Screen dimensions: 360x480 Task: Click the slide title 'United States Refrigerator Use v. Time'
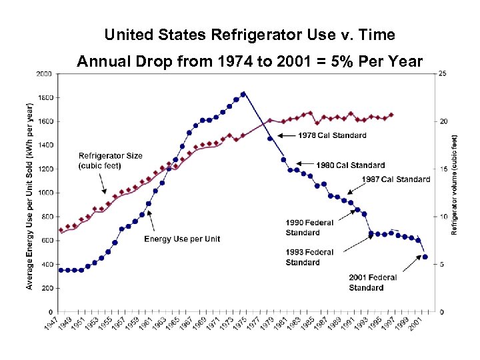[x=249, y=35]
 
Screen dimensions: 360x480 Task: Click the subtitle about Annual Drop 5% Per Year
[x=249, y=62]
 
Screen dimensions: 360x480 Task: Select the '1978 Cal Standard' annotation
[x=331, y=135]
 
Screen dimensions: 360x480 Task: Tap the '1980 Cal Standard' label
[x=350, y=165]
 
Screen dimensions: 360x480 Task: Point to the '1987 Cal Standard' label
[x=395, y=179]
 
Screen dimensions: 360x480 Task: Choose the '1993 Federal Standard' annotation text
[x=309, y=257]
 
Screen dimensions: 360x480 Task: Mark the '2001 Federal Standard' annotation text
[x=373, y=283]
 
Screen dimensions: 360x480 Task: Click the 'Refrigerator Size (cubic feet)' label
[x=110, y=161]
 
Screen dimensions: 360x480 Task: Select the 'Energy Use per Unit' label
[x=181, y=239]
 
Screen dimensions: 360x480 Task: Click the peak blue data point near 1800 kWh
[x=243, y=94]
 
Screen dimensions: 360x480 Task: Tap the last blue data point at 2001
[x=425, y=257]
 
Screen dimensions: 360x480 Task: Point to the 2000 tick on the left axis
[x=45, y=73]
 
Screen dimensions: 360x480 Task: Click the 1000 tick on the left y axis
[x=45, y=193]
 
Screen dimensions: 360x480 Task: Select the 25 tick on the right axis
[x=441, y=73]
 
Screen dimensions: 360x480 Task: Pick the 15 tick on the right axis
[x=441, y=169]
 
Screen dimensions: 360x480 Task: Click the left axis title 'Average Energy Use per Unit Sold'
[x=30, y=196]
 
